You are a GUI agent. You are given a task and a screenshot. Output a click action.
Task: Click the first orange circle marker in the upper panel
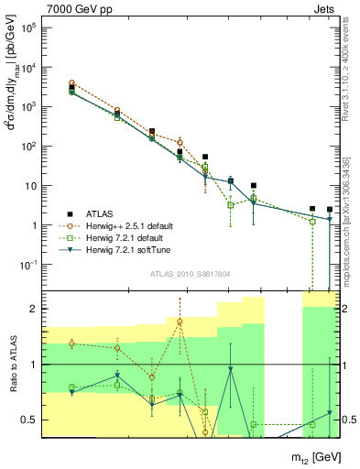[71, 83]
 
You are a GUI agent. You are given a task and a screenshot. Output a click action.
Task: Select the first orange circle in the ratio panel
[71, 344]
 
